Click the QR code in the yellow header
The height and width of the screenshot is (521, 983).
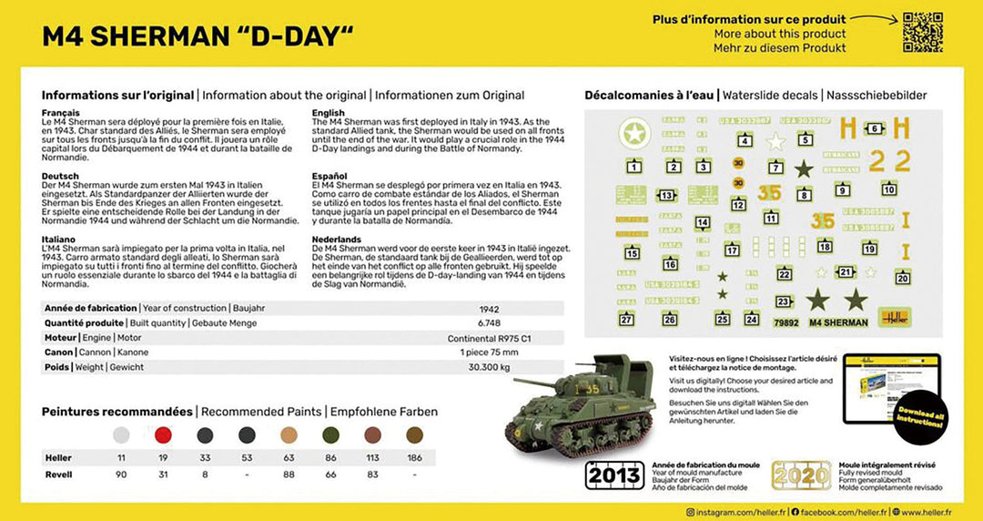922,32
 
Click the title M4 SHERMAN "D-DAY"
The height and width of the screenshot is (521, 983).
198,36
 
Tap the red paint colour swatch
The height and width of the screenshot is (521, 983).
165,435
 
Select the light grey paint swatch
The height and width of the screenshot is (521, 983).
121,435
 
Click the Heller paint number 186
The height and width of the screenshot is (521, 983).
414,457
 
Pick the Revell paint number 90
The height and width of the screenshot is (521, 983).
121,475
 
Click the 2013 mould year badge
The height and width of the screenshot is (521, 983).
614,475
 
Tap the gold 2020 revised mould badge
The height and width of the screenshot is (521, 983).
802,475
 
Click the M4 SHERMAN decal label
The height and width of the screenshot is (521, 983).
837,322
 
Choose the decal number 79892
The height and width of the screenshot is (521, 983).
785,322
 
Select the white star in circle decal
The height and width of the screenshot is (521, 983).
634,135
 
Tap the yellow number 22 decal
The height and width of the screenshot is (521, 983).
888,161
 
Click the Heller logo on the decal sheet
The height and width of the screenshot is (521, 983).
895,318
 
